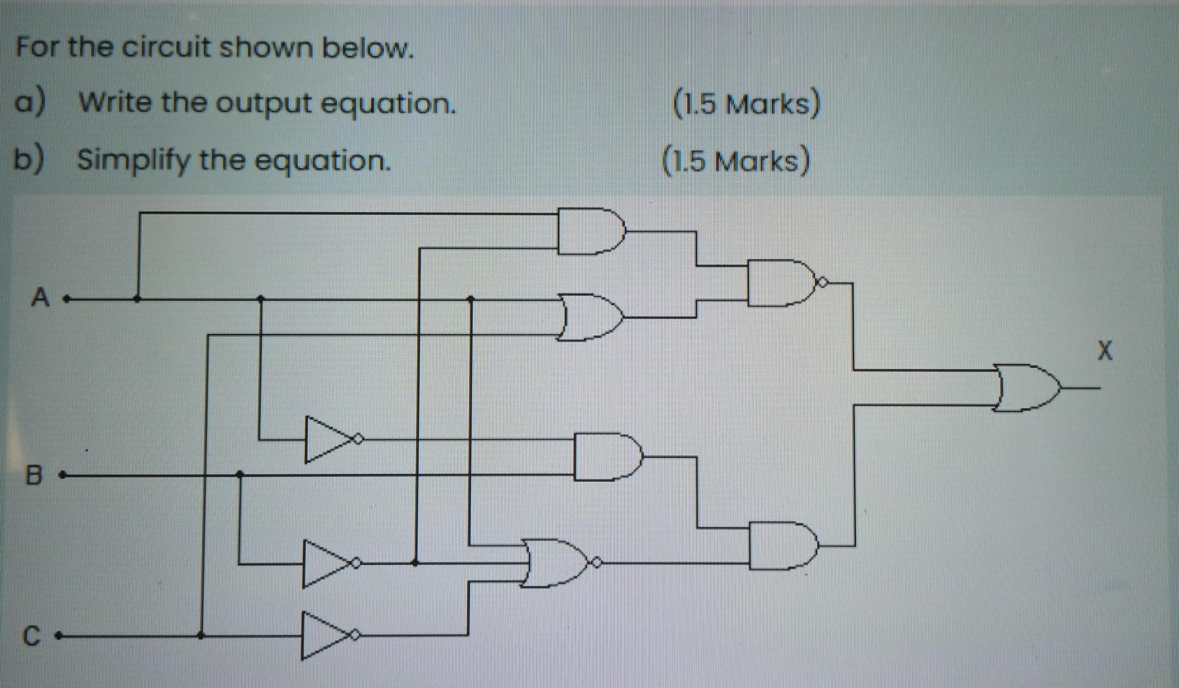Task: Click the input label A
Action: coord(41,298)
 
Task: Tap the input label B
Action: coord(34,476)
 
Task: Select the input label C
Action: coord(31,636)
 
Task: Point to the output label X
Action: coord(1104,350)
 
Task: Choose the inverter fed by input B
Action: coord(327,563)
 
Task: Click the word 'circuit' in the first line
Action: coord(166,47)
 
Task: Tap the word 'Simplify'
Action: coord(133,160)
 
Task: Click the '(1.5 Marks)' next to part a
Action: coord(746,104)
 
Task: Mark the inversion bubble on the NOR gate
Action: coord(596,562)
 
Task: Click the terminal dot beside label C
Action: coord(59,636)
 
